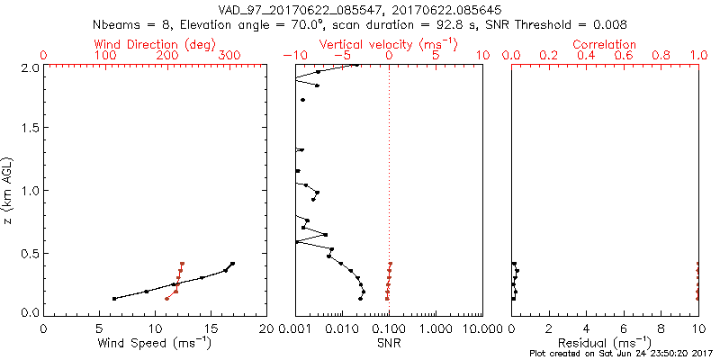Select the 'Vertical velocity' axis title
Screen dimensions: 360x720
coord(388,44)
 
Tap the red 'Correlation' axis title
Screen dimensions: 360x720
coord(605,44)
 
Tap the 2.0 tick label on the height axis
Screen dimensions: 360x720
coord(30,67)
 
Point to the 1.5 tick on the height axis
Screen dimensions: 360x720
coord(30,129)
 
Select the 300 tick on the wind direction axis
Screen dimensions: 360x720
coord(230,56)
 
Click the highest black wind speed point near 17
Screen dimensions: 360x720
coord(232,264)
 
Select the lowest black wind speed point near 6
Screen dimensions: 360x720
coord(114,299)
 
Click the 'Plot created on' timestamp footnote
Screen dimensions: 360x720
coord(619,354)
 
